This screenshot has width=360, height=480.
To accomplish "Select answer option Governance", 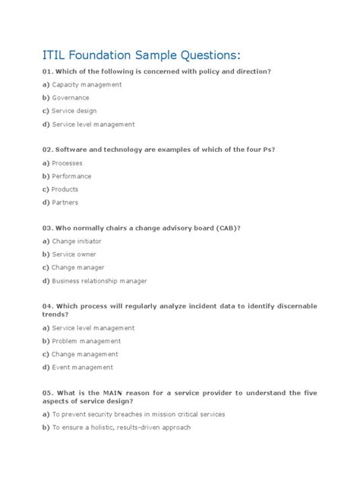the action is click(70, 98).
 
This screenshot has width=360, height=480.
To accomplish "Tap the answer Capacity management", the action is click(87, 84).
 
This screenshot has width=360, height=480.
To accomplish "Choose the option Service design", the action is click(74, 111).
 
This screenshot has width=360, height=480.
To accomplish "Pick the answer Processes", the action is click(67, 163).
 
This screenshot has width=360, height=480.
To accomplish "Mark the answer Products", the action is click(65, 189).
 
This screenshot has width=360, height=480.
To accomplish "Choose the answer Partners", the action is click(65, 203).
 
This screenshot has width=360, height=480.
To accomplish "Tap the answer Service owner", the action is click(74, 254).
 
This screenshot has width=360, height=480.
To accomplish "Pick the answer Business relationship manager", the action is click(99, 281).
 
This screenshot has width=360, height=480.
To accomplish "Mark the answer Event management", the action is click(82, 368).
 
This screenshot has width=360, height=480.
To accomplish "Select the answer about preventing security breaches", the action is click(138, 414).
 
